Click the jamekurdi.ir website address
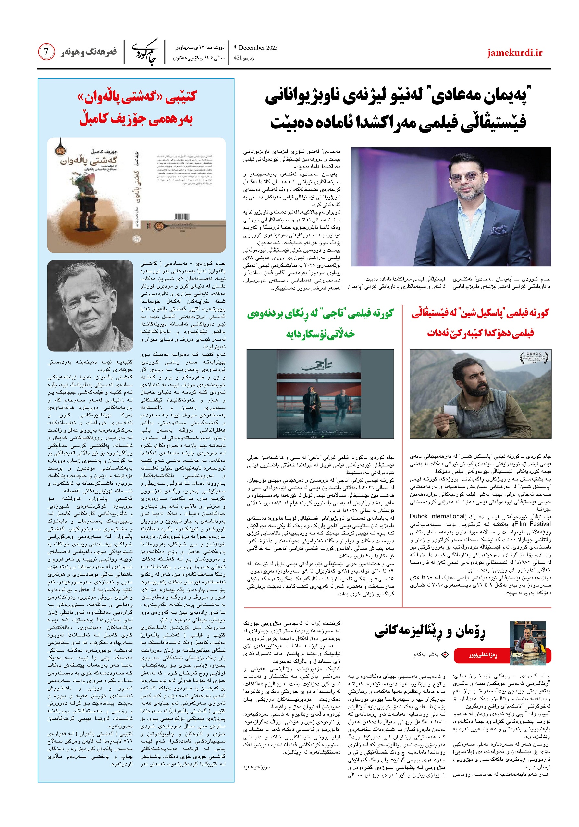coord(514,53)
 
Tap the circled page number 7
coord(46,52)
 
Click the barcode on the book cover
coord(182,216)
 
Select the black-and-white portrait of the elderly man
coord(90,306)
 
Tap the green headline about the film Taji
coord(320,323)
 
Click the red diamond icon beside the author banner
coord(445,654)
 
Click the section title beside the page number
coord(88,52)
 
